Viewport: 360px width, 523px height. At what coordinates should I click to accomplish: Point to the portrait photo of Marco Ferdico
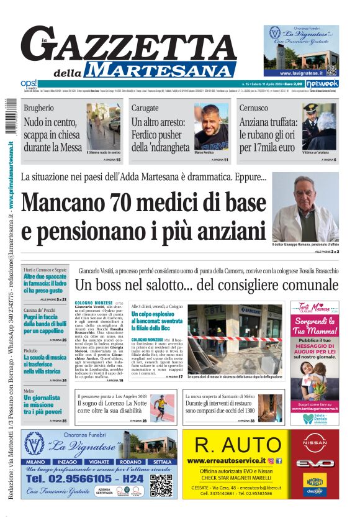[212, 128]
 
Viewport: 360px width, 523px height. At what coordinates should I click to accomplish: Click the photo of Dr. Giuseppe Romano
[304, 208]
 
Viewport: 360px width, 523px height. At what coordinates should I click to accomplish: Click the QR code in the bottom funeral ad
[161, 486]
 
